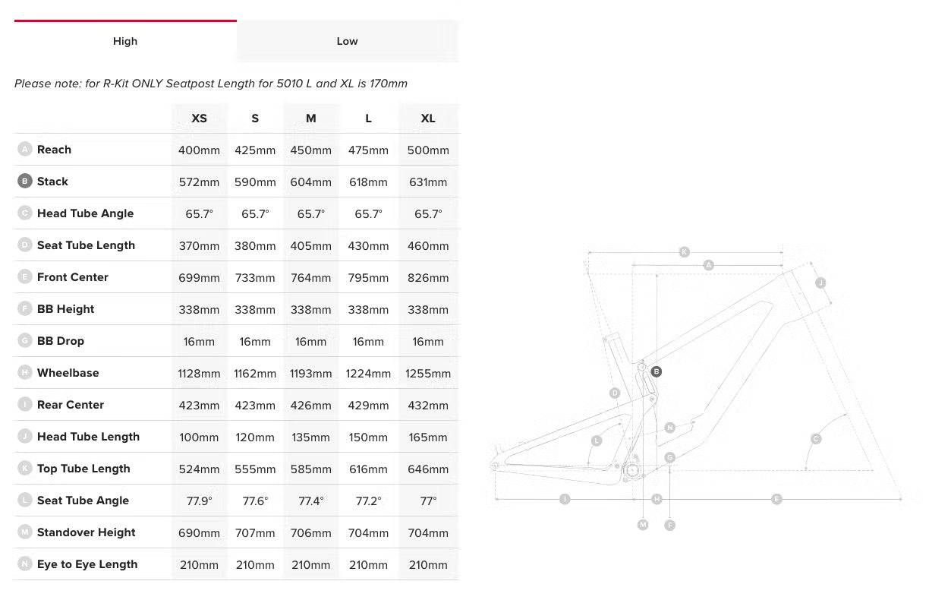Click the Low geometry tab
[348, 41]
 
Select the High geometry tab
[125, 41]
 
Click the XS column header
[199, 118]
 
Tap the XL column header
[428, 118]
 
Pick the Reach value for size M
[310, 150]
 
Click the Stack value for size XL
[428, 182]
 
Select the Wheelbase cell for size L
[368, 374]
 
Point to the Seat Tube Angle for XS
[199, 501]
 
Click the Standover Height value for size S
[255, 533]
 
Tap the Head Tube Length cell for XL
[428, 437]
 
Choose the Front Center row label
[73, 277]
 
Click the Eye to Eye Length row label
[87, 564]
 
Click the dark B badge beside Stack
[25, 181]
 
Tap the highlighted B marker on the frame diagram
[657, 372]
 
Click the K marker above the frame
[684, 252]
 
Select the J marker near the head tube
[820, 283]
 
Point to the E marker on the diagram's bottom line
[776, 499]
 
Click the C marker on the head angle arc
[816, 438]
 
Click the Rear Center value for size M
[310, 406]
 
